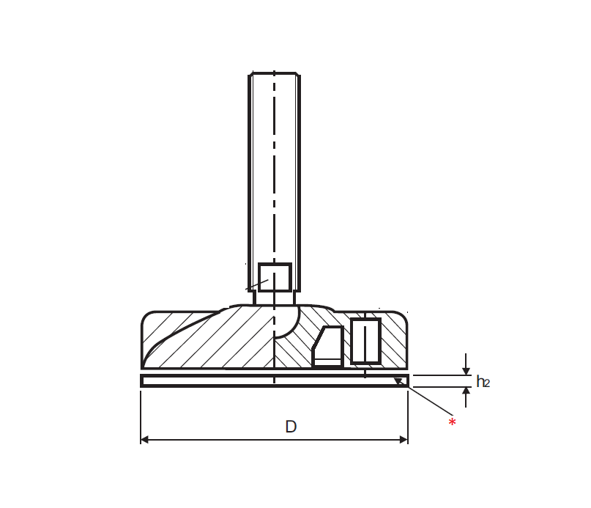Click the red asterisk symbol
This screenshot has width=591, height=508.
click(452, 423)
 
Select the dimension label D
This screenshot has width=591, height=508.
click(290, 427)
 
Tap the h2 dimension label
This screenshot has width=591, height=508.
click(483, 381)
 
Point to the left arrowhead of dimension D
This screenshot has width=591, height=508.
click(145, 439)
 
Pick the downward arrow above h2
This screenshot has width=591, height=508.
click(465, 367)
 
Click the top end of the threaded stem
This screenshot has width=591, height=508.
click(274, 74)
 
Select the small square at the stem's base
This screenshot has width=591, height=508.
click(275, 277)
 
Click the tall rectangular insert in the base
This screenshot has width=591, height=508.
click(365, 341)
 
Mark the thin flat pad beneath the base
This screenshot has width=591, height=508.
click(220, 380)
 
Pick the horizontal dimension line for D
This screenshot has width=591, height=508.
click(220, 439)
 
